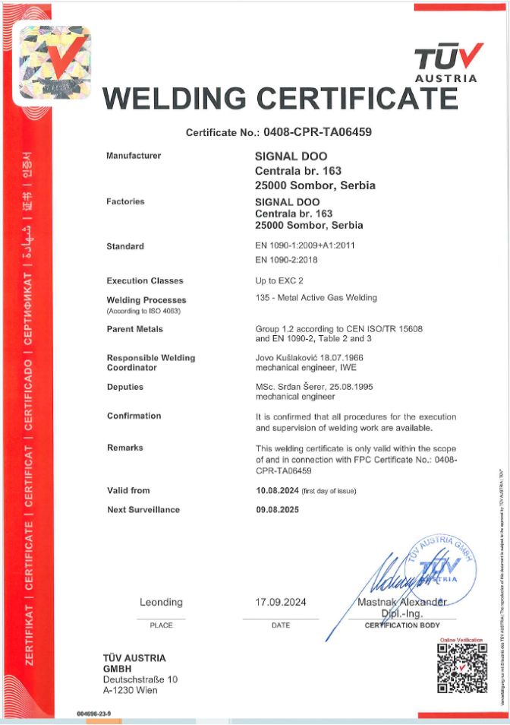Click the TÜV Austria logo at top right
(449, 62)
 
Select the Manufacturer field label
(134, 156)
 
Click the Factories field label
(125, 201)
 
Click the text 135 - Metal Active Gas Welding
(316, 297)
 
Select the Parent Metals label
(135, 329)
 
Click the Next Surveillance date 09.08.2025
(278, 509)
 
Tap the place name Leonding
(161, 602)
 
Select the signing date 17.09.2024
(280, 602)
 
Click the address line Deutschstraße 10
(140, 679)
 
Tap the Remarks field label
(124, 448)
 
